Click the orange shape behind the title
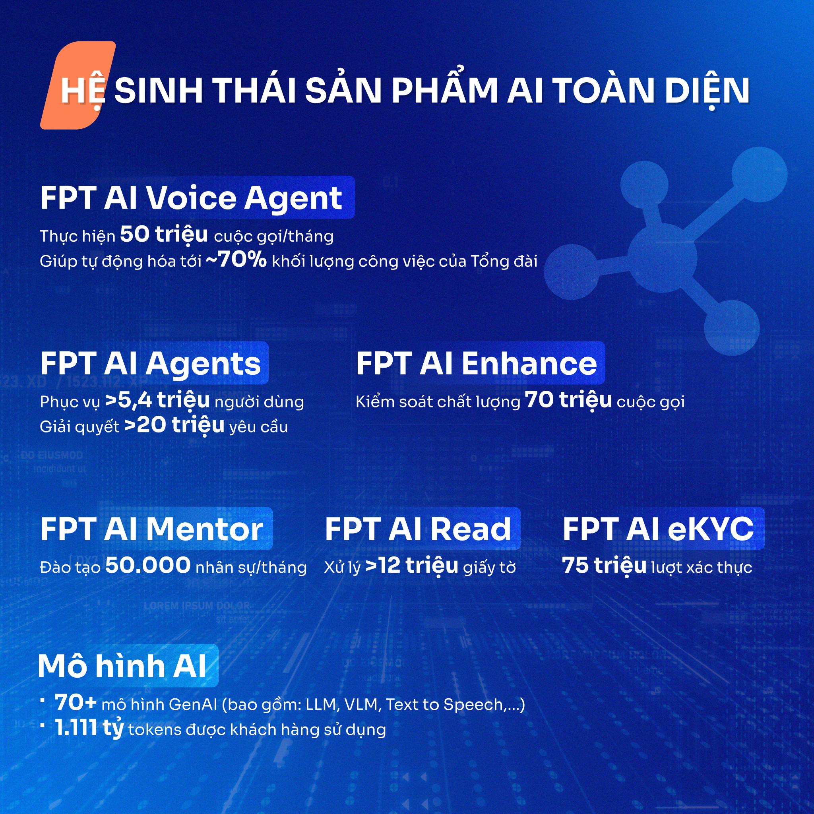click(78, 85)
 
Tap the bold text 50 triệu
click(164, 234)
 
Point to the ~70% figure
click(236, 259)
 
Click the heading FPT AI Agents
click(150, 363)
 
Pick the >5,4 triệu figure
click(157, 400)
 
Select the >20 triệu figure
click(174, 425)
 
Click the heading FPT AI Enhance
click(477, 363)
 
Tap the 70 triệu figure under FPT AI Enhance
click(568, 400)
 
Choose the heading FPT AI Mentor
click(152, 529)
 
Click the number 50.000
click(148, 566)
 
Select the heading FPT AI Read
click(418, 529)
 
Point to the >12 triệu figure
click(412, 566)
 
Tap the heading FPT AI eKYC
click(658, 529)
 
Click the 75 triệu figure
click(604, 566)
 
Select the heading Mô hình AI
click(122, 666)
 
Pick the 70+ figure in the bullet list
click(76, 703)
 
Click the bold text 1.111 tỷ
click(89, 728)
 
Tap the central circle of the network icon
click(662, 258)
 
